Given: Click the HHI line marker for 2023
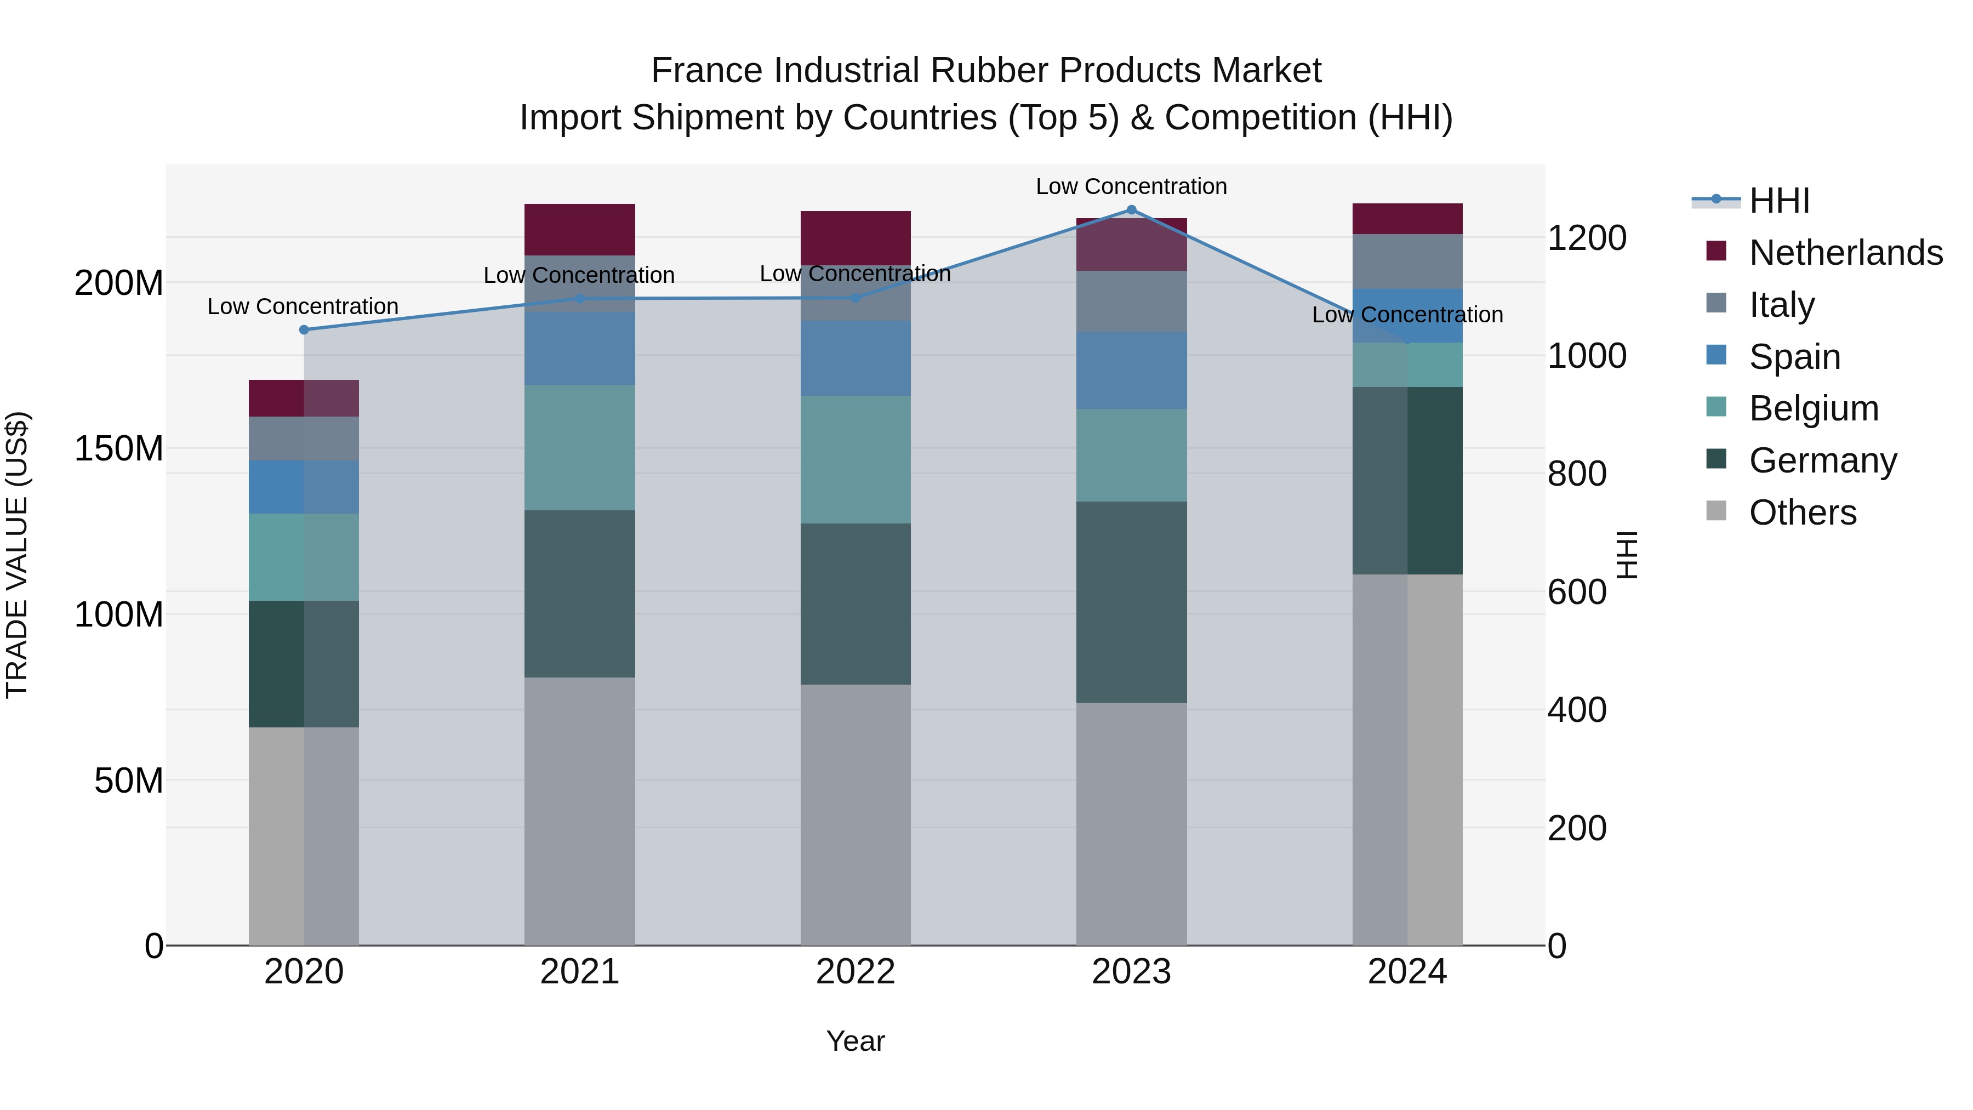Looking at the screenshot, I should coord(1131,210).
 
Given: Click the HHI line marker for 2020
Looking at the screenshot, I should coord(304,330).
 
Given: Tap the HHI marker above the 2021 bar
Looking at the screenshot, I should coord(580,299).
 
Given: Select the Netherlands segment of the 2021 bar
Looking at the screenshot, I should coord(580,229).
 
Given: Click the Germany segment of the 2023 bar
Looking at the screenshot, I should coord(1131,602).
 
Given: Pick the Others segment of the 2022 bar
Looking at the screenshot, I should coord(856,815).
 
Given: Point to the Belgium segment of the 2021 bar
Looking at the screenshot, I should coord(580,447).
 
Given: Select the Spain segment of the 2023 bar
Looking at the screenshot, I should coord(1131,370).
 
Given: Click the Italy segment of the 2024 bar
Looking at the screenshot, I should coord(1407,261).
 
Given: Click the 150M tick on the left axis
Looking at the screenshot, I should coord(119,448).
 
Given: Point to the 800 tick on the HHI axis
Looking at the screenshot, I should coord(1576,474).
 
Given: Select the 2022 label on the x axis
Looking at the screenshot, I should coord(856,972).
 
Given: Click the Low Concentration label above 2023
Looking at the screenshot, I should coord(1131,186).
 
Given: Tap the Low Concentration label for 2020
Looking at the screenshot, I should coord(303,306).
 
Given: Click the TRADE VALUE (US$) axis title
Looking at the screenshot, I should coord(17,555).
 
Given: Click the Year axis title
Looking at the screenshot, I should coord(856,1041).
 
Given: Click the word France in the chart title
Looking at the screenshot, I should coord(706,71).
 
